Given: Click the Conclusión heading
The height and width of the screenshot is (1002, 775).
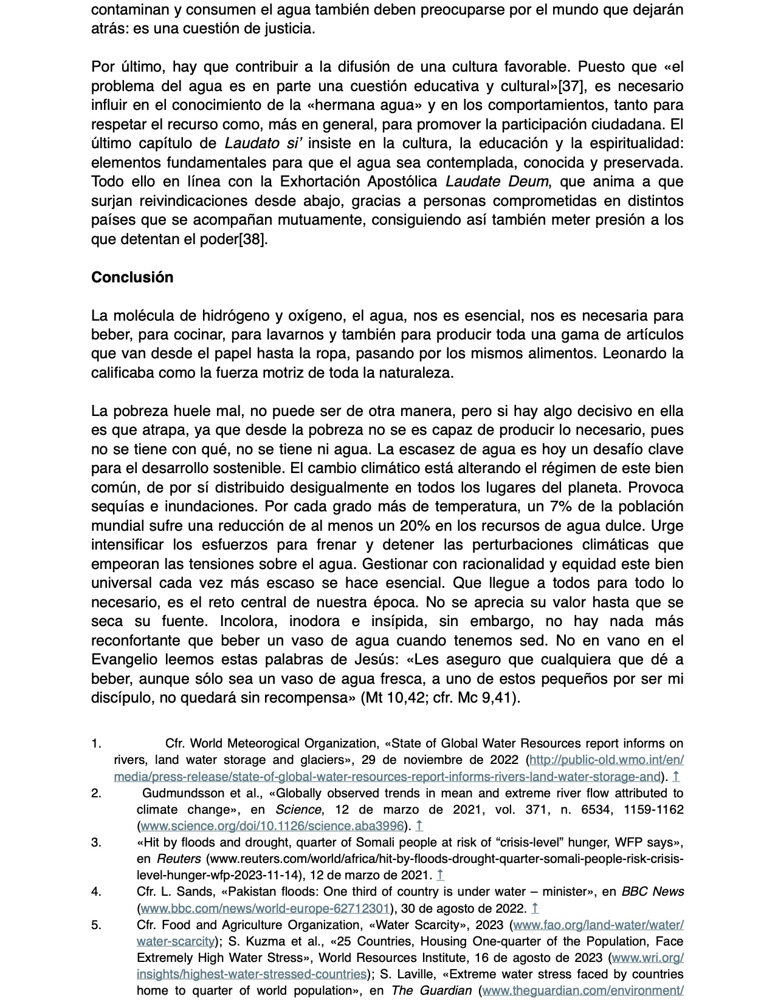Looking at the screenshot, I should coord(132,278).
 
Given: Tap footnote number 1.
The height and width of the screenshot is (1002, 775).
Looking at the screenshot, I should coord(96,744).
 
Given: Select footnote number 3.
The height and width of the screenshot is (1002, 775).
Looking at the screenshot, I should coord(96,843).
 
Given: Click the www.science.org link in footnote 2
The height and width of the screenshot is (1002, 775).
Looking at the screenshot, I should coord(272,826).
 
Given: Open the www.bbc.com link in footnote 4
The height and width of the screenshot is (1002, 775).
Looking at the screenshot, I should coord(264,908).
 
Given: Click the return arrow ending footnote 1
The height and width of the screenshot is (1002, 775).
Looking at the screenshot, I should coord(677,777).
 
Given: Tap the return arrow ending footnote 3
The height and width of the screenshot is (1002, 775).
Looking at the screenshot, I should coord(441,876).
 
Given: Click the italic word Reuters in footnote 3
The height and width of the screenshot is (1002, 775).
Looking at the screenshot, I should coord(179,859).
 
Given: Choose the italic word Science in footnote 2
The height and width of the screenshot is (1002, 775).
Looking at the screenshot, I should coord(298,809).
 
